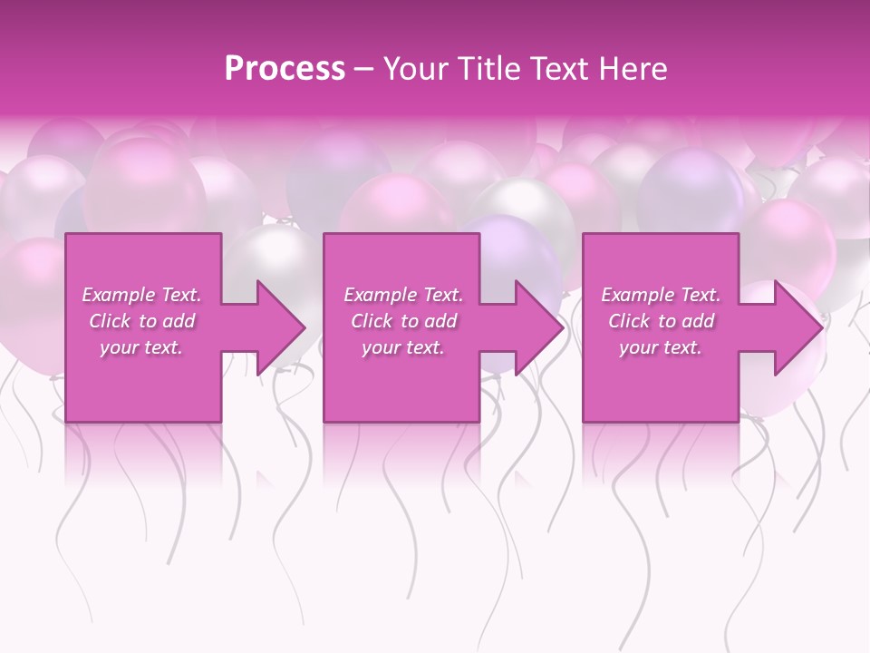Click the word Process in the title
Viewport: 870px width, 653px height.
click(285, 69)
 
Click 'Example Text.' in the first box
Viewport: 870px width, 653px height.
click(141, 295)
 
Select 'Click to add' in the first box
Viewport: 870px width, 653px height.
click(141, 321)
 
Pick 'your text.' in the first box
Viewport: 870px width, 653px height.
click(141, 347)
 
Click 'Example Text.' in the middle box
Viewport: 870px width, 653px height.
click(403, 295)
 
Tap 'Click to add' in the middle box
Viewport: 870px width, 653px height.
click(403, 321)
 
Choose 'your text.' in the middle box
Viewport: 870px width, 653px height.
click(403, 347)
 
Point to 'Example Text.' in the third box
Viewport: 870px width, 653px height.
click(661, 295)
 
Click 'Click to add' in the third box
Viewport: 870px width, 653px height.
click(661, 321)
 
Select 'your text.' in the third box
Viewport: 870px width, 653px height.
click(661, 347)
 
